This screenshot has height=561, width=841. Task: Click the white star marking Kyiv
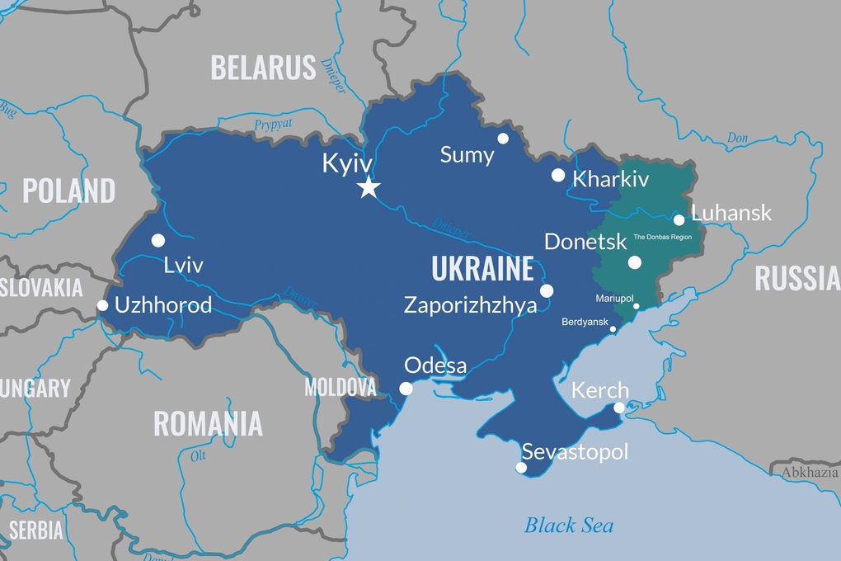pyautogui.click(x=369, y=187)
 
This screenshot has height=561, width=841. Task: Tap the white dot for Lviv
pyautogui.click(x=158, y=240)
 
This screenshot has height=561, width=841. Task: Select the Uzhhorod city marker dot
pyautogui.click(x=102, y=305)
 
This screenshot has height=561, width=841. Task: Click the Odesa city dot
pyautogui.click(x=406, y=389)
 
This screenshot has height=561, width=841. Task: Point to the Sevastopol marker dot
pyautogui.click(x=521, y=468)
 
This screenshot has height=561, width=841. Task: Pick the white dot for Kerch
pyautogui.click(x=620, y=408)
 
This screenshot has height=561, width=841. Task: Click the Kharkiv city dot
pyautogui.click(x=558, y=175)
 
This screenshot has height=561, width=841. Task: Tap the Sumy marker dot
pyautogui.click(x=503, y=139)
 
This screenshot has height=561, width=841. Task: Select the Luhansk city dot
pyautogui.click(x=679, y=219)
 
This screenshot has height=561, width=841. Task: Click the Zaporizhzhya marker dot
pyautogui.click(x=547, y=290)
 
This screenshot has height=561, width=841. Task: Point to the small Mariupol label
pyautogui.click(x=615, y=298)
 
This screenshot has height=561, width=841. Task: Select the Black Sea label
pyautogui.click(x=569, y=525)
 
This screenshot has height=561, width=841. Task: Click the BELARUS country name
pyautogui.click(x=263, y=68)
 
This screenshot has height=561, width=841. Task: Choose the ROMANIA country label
pyautogui.click(x=208, y=423)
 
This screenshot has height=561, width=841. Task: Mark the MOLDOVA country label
pyautogui.click(x=340, y=387)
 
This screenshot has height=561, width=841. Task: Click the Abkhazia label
pyautogui.click(x=810, y=472)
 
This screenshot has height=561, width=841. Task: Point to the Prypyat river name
pyautogui.click(x=272, y=125)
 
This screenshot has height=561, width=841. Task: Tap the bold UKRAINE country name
pyautogui.click(x=482, y=269)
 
